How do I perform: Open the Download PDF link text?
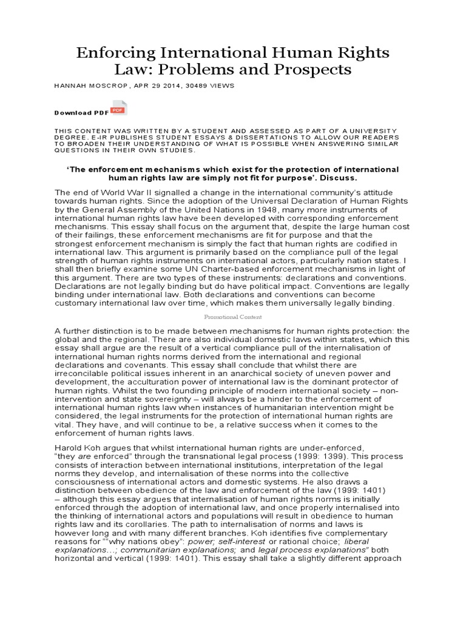point(81,113)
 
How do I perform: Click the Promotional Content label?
point(232,317)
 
